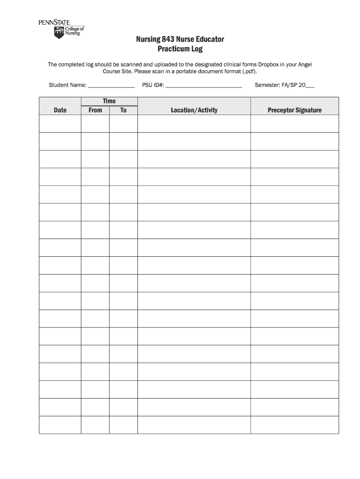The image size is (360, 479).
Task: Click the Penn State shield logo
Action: (x=58, y=32)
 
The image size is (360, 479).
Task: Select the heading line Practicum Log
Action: (x=180, y=49)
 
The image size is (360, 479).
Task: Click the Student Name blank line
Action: (x=111, y=86)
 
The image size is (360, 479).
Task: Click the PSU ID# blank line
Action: (x=204, y=86)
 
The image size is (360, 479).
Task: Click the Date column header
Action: (x=60, y=110)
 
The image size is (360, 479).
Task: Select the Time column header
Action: (x=109, y=101)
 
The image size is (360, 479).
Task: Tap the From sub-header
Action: (x=95, y=110)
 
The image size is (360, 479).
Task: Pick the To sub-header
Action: (x=123, y=110)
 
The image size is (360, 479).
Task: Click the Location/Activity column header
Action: (x=194, y=110)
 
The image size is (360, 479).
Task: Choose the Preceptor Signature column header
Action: (x=295, y=110)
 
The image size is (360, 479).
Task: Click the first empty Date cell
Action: (x=60, y=124)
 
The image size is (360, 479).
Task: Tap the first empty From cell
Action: (x=95, y=124)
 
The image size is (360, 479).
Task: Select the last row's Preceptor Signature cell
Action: (x=295, y=425)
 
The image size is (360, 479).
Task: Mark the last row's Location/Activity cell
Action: (x=194, y=425)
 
